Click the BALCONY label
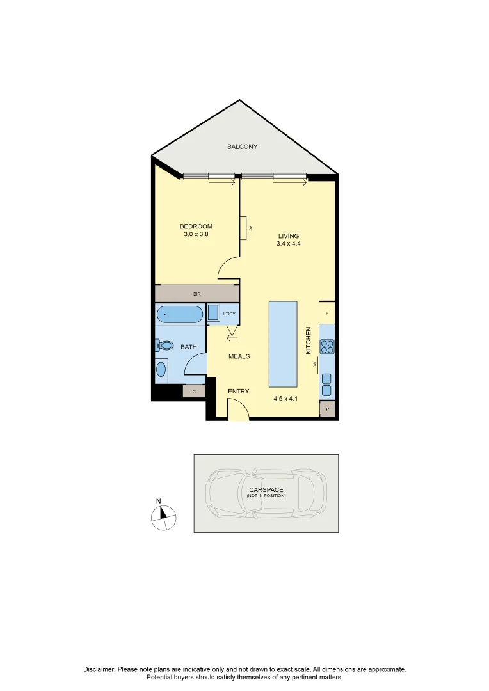coord(242,147)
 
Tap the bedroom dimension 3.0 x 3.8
coord(196,235)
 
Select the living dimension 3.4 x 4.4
coord(288,244)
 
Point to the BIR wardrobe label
coord(197,294)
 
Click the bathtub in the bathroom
coord(179,314)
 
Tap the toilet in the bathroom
coord(165,345)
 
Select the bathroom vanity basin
coord(161,370)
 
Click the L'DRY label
coord(228,314)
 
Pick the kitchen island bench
coord(284,344)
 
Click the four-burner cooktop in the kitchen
coord(327,346)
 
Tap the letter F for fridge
coord(327,314)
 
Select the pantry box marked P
coord(327,409)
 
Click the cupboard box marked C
coord(193,391)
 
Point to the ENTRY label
coord(239,392)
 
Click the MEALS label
coord(239,356)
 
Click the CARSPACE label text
coord(266,490)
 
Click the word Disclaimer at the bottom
coord(99,669)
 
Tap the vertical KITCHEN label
coord(308,340)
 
